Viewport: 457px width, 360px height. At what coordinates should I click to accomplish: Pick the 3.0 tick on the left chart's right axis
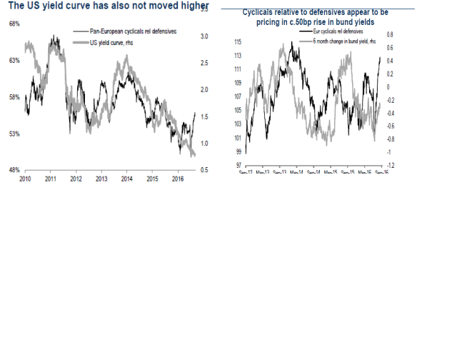[x=204, y=36]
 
